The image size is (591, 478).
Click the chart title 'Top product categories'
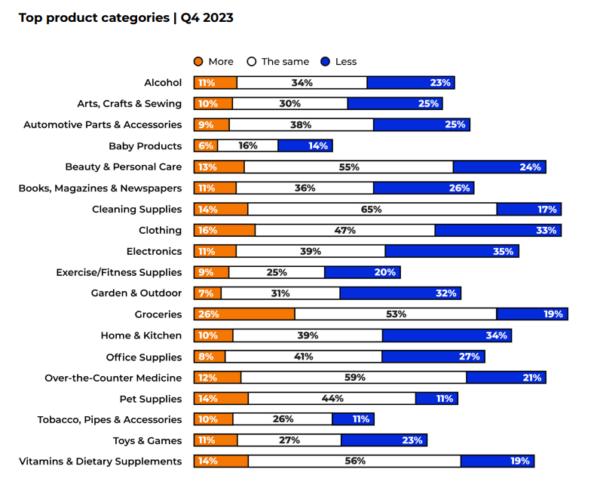(x=94, y=17)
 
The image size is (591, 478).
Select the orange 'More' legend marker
(x=199, y=62)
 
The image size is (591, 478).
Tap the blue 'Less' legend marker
(x=326, y=62)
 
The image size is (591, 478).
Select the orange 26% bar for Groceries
(x=244, y=314)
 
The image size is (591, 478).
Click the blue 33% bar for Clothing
(x=498, y=230)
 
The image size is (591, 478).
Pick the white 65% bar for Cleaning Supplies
(x=372, y=209)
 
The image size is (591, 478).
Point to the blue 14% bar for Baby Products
(x=305, y=146)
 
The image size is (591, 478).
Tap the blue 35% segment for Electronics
(x=452, y=251)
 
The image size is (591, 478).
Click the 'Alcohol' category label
(x=163, y=82)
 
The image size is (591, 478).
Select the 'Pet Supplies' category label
(x=151, y=399)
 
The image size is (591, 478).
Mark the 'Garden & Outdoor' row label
(x=136, y=293)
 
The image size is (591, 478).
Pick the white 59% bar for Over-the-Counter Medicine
(x=354, y=377)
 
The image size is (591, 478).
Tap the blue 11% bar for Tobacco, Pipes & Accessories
(x=353, y=419)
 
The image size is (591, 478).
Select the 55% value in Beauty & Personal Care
(x=349, y=167)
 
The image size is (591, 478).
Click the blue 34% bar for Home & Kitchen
(x=446, y=335)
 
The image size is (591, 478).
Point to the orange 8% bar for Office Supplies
(x=210, y=357)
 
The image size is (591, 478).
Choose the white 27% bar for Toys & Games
(x=289, y=440)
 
